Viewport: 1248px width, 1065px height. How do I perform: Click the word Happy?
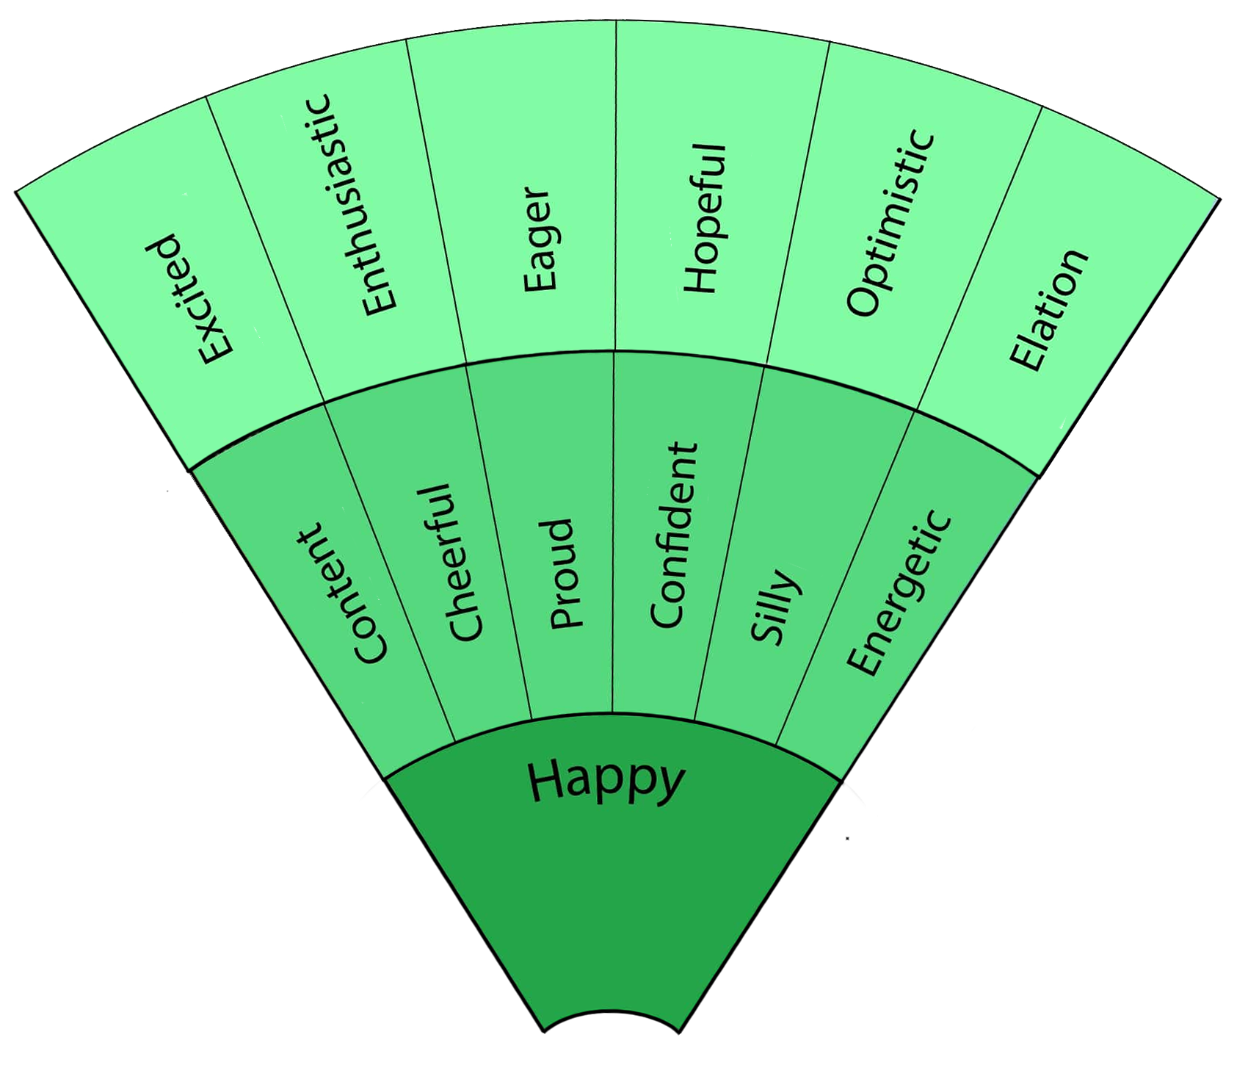click(x=606, y=781)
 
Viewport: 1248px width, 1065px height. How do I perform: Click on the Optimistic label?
click(x=890, y=224)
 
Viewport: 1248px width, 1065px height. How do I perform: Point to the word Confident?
click(x=673, y=535)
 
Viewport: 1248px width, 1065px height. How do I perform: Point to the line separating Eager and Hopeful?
click(x=615, y=184)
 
